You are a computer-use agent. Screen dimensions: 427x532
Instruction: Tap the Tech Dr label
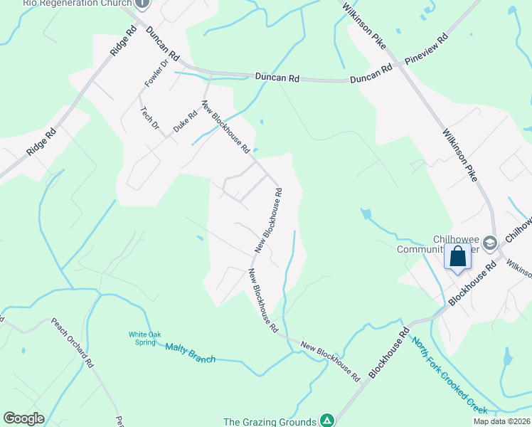pos(149,117)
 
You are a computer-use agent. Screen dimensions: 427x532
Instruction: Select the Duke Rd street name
pos(182,122)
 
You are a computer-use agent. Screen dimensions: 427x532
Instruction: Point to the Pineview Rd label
pos(425,49)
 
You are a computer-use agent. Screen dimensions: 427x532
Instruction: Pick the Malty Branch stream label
pos(190,353)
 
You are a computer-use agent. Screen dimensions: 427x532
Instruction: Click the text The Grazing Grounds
pos(270,421)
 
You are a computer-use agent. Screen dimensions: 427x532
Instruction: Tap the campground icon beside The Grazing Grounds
pos(326,421)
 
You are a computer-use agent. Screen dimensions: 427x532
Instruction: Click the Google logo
pos(23,418)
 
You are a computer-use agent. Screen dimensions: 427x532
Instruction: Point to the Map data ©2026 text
pos(501,421)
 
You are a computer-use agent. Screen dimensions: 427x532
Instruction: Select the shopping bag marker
pos(458,255)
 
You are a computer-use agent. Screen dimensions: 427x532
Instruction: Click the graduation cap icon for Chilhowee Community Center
pos(489,243)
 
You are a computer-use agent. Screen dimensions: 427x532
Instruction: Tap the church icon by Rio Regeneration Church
pos(142,3)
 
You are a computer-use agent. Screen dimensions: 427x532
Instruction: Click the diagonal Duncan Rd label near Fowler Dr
pos(164,44)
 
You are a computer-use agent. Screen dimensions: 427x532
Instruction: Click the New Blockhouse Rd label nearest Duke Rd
pos(226,127)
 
